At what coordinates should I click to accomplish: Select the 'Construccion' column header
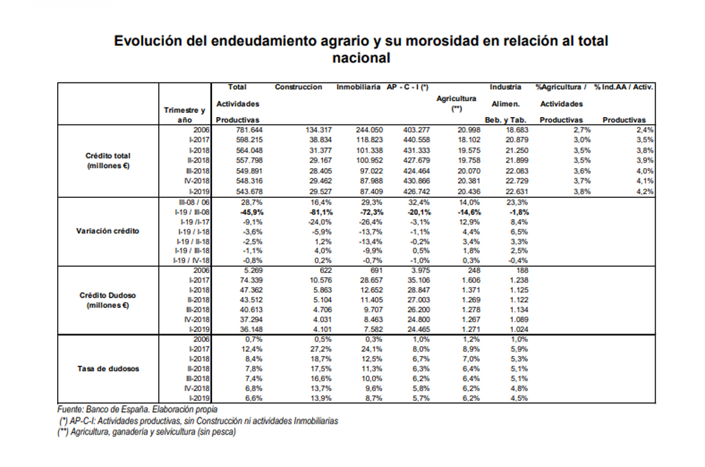tap(298, 87)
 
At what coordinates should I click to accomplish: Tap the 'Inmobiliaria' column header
tap(359, 87)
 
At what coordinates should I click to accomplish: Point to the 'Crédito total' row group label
tap(108, 156)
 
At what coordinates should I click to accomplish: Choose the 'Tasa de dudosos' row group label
tap(108, 369)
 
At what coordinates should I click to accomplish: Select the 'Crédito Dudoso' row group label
tap(108, 295)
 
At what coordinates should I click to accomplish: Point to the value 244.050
tap(369, 130)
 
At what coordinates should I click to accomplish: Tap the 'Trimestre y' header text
tap(185, 110)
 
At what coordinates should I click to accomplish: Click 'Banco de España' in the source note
tap(114, 410)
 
